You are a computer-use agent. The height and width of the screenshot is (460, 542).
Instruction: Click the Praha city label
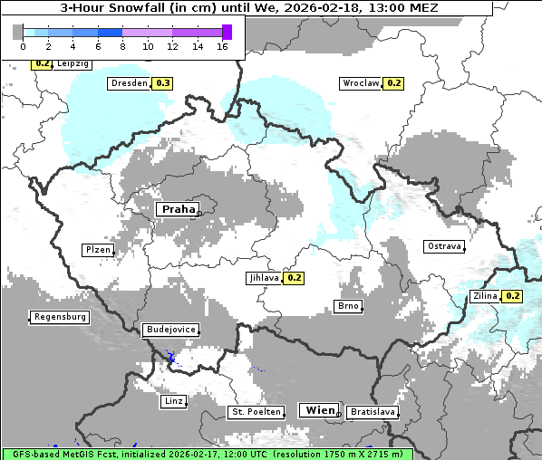click(178, 209)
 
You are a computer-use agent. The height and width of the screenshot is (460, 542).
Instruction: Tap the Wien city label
click(320, 410)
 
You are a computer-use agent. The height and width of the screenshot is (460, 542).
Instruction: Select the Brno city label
click(348, 307)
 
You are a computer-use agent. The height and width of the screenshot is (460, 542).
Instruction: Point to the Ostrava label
click(444, 246)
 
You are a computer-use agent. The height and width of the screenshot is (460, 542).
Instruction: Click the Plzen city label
click(97, 250)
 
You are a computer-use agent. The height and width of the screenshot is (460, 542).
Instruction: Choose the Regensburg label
click(60, 317)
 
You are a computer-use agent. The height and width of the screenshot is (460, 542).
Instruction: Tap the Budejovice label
click(169, 330)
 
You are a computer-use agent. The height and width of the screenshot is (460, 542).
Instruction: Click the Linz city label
click(173, 400)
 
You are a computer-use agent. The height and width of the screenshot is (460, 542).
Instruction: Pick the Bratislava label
click(372, 412)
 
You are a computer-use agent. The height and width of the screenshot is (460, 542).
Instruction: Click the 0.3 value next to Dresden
click(163, 83)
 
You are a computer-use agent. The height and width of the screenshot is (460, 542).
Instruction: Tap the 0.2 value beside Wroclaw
click(393, 83)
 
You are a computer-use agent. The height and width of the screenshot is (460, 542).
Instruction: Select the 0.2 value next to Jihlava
click(294, 278)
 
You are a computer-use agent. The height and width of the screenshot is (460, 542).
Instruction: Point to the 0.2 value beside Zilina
click(512, 296)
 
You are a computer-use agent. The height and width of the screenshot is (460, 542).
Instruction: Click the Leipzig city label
click(73, 64)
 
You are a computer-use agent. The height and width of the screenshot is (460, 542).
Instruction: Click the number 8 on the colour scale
click(122, 46)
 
